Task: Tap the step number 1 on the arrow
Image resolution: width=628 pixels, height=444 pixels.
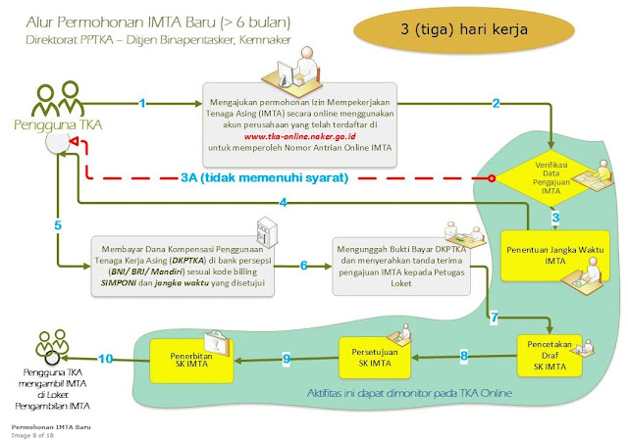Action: pyautogui.click(x=143, y=103)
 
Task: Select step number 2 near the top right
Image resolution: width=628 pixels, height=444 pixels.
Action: pyautogui.click(x=497, y=103)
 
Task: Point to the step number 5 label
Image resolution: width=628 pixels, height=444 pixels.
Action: pyautogui.click(x=58, y=226)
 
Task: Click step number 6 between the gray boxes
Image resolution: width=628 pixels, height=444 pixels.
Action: pyautogui.click(x=304, y=266)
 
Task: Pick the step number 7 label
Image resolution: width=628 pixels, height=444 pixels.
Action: pyautogui.click(x=495, y=319)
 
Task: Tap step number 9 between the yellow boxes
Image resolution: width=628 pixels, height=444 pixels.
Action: pyautogui.click(x=287, y=361)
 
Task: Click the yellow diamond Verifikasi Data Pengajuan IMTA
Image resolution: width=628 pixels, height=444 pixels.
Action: pyautogui.click(x=552, y=174)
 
